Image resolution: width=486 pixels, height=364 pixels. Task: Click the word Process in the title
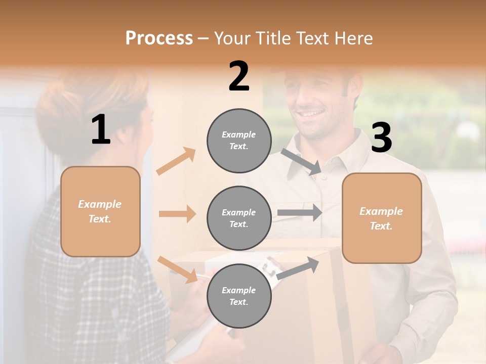point(159,38)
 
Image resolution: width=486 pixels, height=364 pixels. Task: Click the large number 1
point(101,130)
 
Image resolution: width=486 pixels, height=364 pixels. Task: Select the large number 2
point(239,76)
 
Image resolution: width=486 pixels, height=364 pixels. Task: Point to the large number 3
point(381,138)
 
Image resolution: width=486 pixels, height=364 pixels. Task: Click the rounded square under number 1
point(100,211)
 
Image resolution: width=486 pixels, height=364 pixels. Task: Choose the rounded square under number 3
point(382,218)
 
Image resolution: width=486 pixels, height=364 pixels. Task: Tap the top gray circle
point(239,141)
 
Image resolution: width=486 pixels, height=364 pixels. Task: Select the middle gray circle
point(239,218)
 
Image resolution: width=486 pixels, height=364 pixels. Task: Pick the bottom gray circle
point(239,296)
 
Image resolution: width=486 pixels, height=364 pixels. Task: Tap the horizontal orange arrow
point(177,214)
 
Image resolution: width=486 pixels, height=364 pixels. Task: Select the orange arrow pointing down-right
point(178,269)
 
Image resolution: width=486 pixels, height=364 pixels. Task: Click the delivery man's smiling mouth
point(313,114)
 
